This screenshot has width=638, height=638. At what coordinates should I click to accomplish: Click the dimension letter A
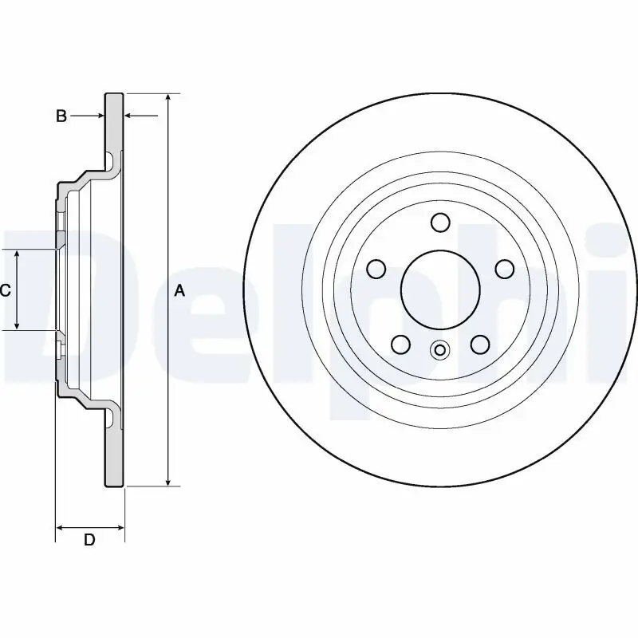180,291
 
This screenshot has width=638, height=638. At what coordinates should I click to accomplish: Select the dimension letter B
61,116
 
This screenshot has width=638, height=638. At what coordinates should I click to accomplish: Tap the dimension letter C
5,290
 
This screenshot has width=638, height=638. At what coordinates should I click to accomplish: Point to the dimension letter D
89,540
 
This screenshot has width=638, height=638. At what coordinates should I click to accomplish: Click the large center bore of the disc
439,289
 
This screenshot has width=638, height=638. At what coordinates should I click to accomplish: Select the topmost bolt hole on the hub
439,222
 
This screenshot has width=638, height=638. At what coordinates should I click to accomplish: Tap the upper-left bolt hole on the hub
375,269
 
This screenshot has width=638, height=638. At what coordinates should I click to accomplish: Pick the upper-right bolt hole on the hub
504,269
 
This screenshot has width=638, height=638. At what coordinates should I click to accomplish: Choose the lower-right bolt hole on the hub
479,345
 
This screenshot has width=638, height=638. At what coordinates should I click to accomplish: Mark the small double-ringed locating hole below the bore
439,349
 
